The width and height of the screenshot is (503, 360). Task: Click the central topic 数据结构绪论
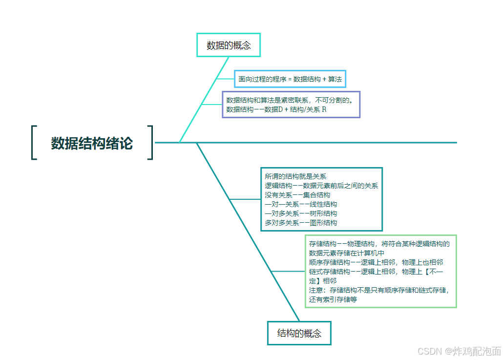pyautogui.click(x=92, y=143)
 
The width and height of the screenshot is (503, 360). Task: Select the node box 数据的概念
pyautogui.click(x=229, y=45)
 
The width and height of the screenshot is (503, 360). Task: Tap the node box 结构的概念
pyautogui.click(x=299, y=334)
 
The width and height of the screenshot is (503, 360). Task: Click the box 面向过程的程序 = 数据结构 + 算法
pyautogui.click(x=290, y=79)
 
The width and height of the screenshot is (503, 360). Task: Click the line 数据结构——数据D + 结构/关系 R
pyautogui.click(x=276, y=109)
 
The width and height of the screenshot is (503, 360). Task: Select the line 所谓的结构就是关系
pyautogui.click(x=295, y=176)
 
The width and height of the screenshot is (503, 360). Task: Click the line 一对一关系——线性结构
pyautogui.click(x=301, y=204)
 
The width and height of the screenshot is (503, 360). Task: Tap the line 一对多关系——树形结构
pyautogui.click(x=301, y=213)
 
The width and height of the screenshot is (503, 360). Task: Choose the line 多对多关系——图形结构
pyautogui.click(x=301, y=223)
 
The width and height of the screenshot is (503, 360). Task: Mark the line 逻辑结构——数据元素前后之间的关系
pyautogui.click(x=321, y=186)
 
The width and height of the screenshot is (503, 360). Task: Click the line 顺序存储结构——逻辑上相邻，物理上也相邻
pyautogui.click(x=376, y=262)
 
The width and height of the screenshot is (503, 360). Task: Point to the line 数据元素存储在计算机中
pyautogui.click(x=347, y=253)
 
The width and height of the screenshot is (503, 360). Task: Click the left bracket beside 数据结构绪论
pyautogui.click(x=34, y=143)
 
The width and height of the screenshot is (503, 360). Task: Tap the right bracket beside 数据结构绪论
pyautogui.click(x=150, y=143)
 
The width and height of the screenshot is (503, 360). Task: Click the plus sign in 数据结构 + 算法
pyautogui.click(x=324, y=79)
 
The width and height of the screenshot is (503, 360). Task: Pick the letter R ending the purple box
pyautogui.click(x=324, y=109)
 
